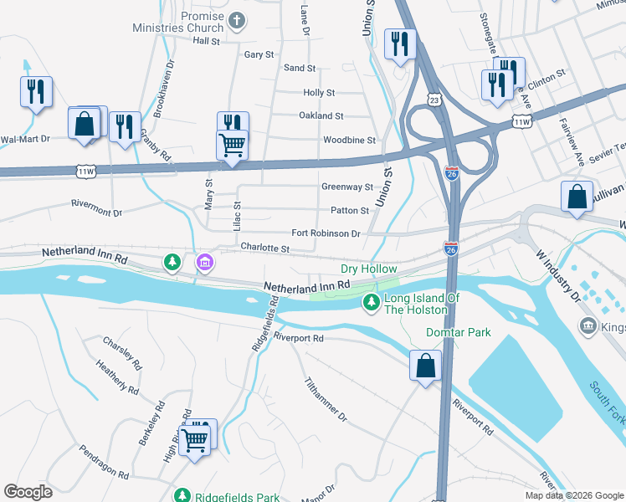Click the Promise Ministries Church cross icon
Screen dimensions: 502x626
coord(237,21)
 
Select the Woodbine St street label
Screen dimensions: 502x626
coord(349,141)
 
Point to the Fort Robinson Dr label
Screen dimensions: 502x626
coord(326,233)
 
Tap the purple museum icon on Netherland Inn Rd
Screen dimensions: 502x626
coord(204,264)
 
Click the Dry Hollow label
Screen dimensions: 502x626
coord(368,269)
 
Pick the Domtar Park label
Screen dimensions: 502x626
coord(457,332)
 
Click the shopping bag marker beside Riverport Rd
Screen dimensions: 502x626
coord(425,366)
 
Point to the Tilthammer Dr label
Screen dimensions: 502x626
coord(326,397)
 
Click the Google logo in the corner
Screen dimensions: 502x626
coord(28,492)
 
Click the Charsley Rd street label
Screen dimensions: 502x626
coord(122,352)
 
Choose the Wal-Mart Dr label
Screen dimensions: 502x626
coord(25,139)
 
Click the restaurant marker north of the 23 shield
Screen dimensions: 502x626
coord(400,44)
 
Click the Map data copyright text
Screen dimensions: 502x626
coord(574,495)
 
